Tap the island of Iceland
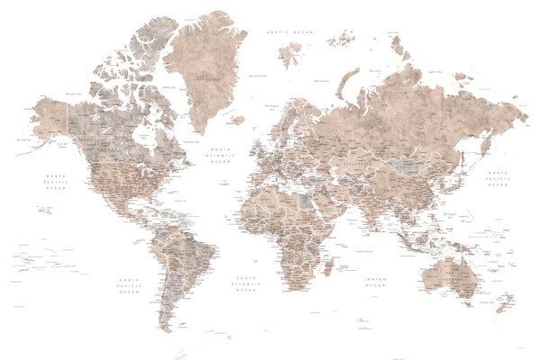pyautogui.click(x=236, y=119)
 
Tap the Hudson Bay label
pyautogui.click(x=139, y=130)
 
